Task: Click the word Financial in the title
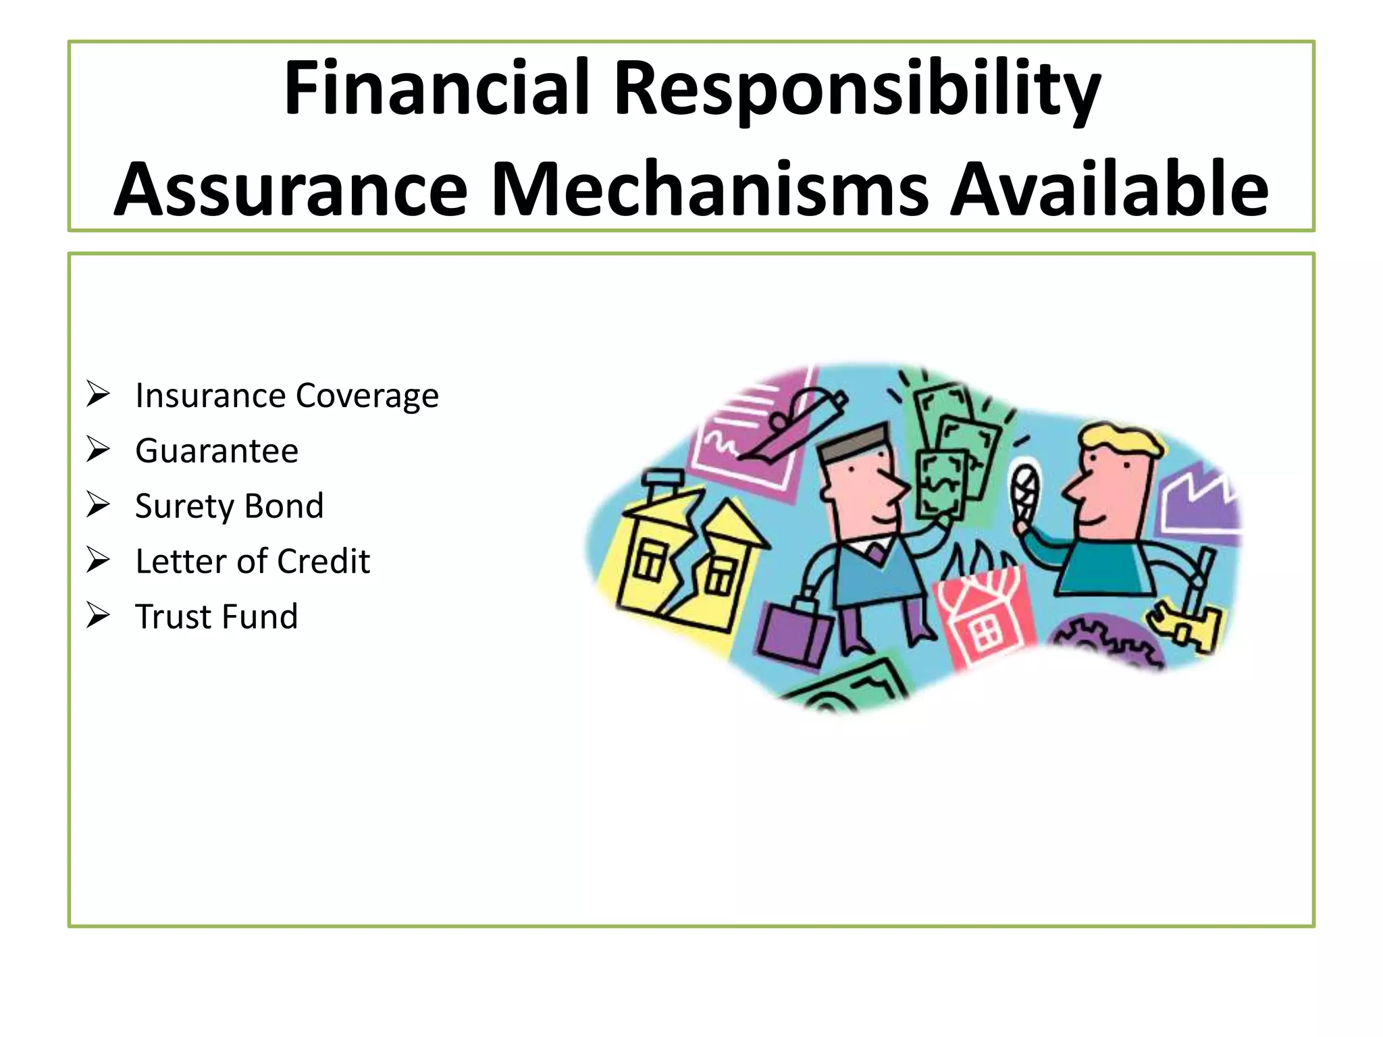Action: [x=437, y=88]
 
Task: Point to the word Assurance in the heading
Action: [x=291, y=191]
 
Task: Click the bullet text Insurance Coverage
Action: [x=286, y=396]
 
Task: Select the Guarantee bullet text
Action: [x=216, y=451]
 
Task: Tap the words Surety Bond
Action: [x=229, y=506]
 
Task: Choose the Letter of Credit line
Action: [x=252, y=562]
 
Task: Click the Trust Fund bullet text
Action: [x=216, y=617]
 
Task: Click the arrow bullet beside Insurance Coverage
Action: [x=98, y=394]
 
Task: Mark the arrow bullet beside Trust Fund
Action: [x=98, y=615]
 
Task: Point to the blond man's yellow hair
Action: [x=1121, y=439]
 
